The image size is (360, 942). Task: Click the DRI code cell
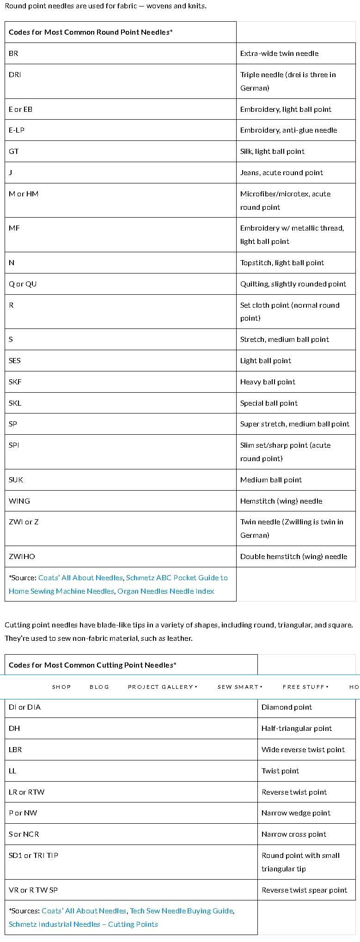[15, 75]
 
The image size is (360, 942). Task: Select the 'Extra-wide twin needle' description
[279, 54]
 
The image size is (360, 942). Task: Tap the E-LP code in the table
[17, 130]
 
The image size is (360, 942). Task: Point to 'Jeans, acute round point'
[281, 173]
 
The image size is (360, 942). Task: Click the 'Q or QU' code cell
[23, 284]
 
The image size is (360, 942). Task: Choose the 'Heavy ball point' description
[268, 382]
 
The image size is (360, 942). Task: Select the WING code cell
[19, 501]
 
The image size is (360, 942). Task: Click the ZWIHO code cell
[22, 557]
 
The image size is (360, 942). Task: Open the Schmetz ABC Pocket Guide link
[177, 578]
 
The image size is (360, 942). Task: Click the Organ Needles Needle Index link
[165, 591]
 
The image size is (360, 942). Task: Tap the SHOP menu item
[61, 687]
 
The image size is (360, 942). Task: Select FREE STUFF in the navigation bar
[305, 687]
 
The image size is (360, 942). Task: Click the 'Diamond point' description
[287, 707]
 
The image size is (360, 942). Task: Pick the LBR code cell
[15, 750]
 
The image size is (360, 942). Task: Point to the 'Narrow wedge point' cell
[296, 813]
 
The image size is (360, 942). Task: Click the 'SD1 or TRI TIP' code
[33, 856]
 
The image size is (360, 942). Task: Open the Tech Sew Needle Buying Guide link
[181, 911]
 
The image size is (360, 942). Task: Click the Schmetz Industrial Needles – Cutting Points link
[83, 924]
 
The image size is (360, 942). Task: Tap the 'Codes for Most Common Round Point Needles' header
[91, 32]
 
